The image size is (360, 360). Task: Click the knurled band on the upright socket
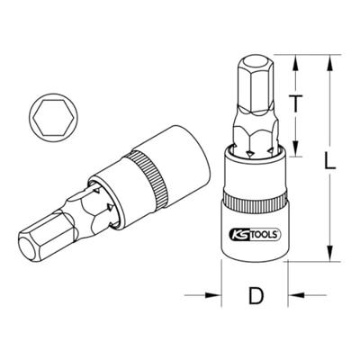coord(255,188)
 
